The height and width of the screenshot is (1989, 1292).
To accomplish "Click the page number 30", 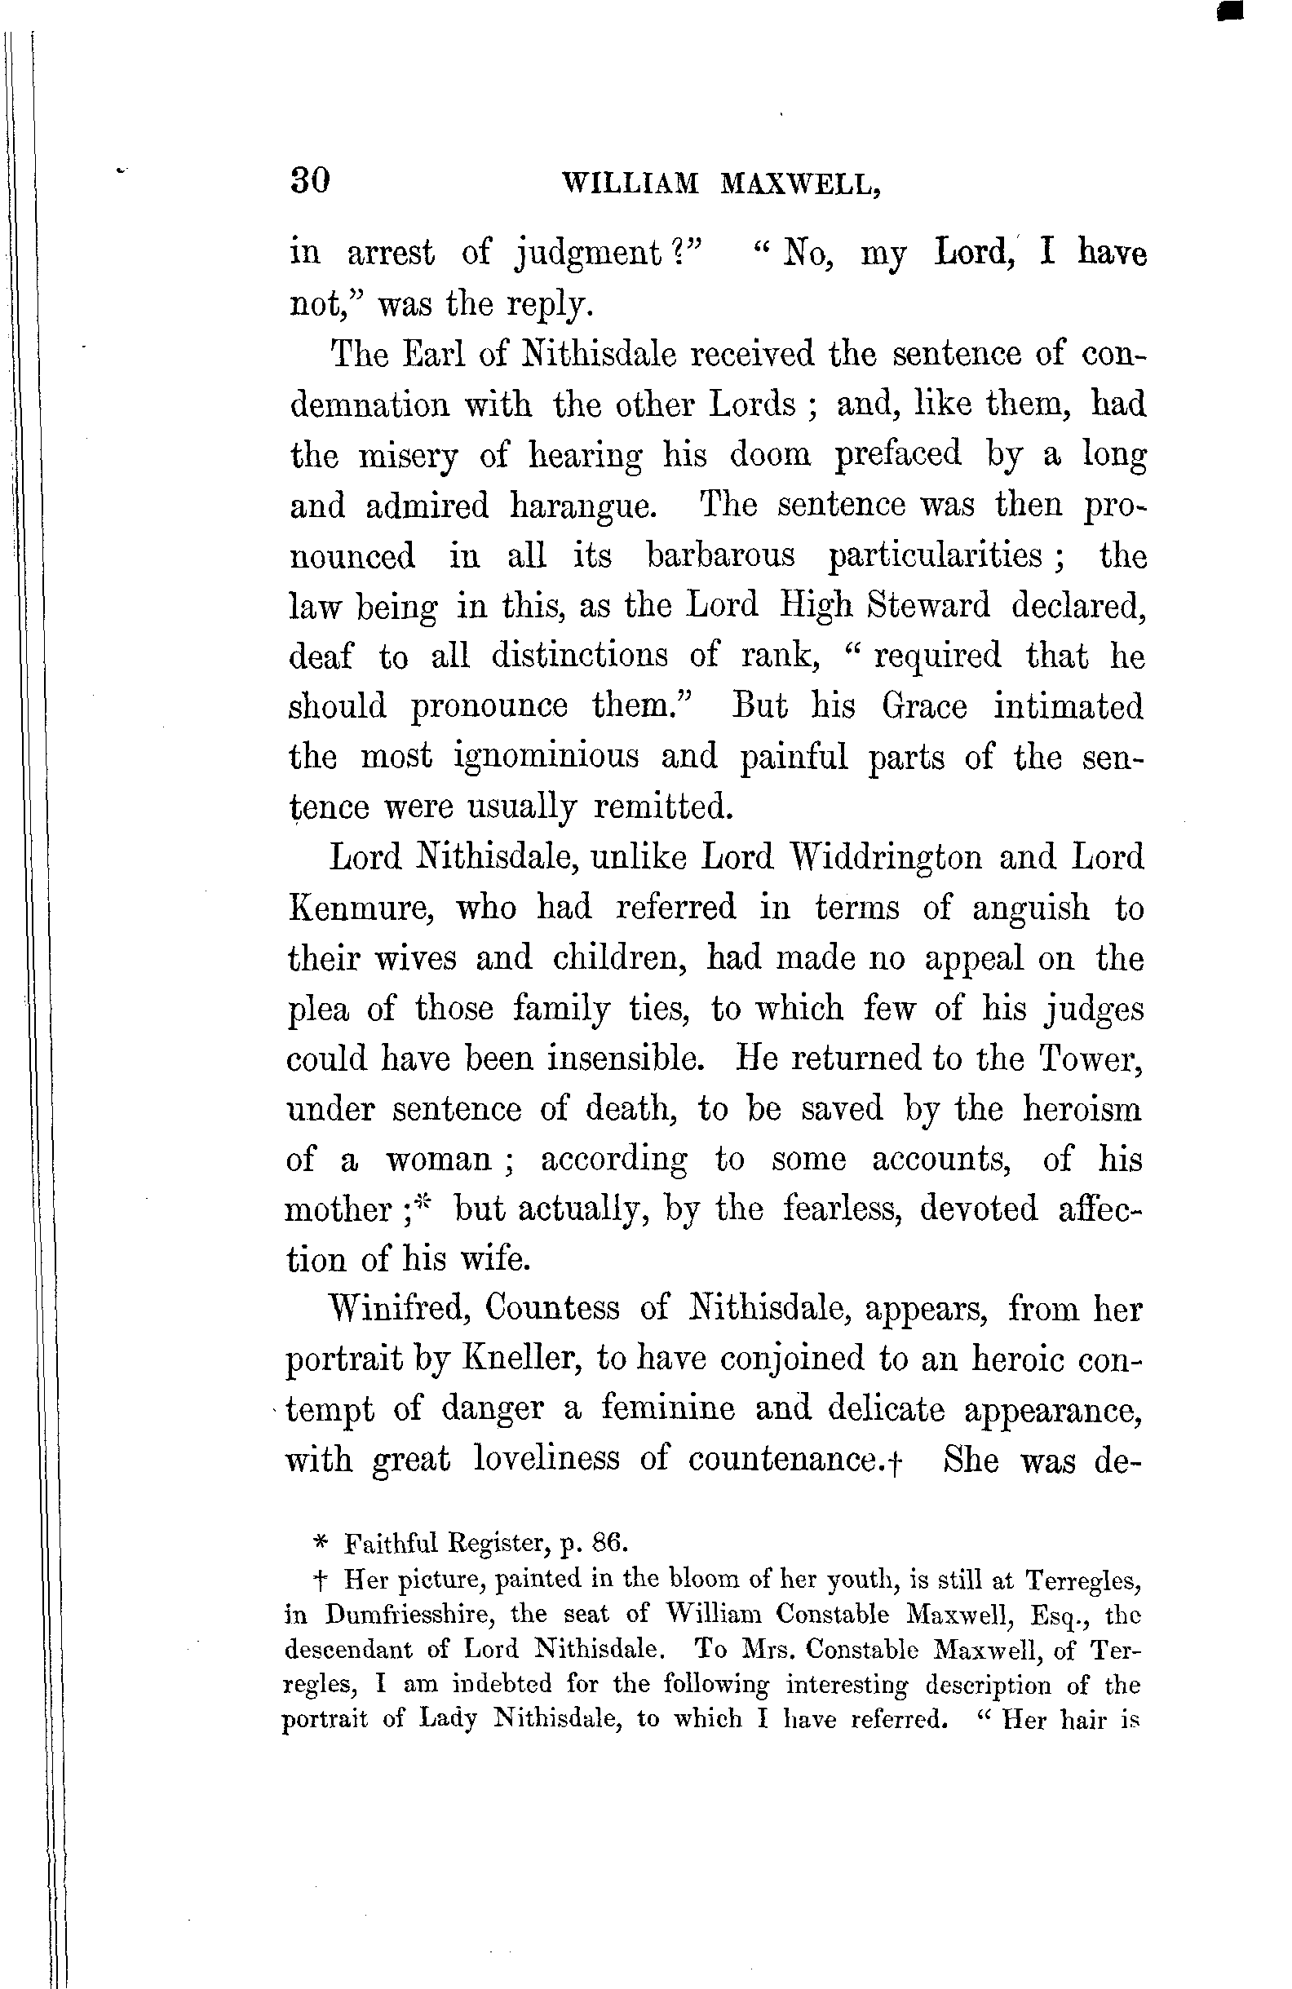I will click(x=310, y=179).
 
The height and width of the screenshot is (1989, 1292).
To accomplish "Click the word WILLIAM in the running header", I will click(x=631, y=183).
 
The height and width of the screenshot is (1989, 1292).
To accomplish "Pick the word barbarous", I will click(x=720, y=555).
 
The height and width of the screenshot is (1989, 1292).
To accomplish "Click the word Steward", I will click(x=927, y=605).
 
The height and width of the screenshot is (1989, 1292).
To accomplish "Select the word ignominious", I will click(x=546, y=756).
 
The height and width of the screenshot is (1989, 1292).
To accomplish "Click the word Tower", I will click(x=1090, y=1059).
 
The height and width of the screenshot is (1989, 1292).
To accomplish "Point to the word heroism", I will click(x=1082, y=1109).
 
